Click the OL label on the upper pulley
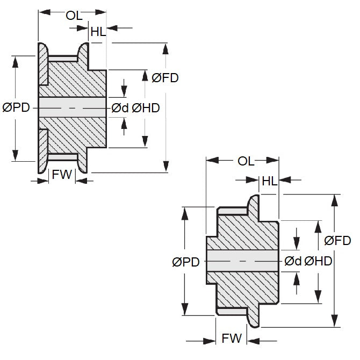(x=74, y=15)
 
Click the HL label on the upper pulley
(x=98, y=32)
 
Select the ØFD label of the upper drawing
(x=165, y=78)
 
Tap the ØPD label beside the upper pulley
(x=16, y=108)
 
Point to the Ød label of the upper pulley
(x=120, y=108)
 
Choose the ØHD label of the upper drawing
(x=146, y=108)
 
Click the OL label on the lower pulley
(x=246, y=161)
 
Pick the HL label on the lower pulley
(x=269, y=182)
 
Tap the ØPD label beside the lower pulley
(x=186, y=262)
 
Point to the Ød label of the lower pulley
(x=292, y=261)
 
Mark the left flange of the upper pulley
(x=41, y=107)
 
